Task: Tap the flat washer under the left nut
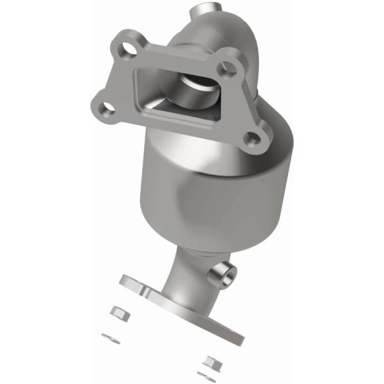(107, 333)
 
